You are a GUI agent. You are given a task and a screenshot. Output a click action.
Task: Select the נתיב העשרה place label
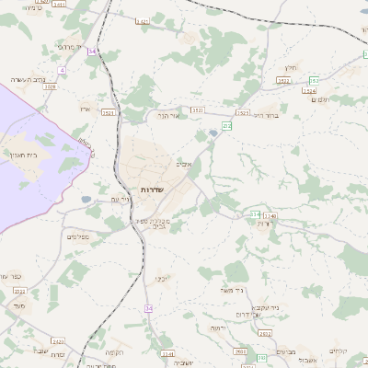click(x=28, y=80)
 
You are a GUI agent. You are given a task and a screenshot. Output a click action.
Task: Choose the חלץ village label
click(x=291, y=67)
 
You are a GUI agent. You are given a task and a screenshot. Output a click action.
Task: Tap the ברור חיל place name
click(x=265, y=115)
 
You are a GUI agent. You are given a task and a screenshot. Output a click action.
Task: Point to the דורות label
click(x=265, y=224)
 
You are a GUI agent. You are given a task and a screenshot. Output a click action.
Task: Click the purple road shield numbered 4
click(x=62, y=70)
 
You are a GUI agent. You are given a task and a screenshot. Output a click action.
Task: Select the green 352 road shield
click(x=314, y=81)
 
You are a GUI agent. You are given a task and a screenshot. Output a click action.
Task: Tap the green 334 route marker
click(x=255, y=215)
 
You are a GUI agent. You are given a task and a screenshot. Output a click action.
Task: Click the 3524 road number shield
click(x=308, y=92)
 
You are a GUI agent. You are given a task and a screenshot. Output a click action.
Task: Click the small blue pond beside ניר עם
click(x=86, y=199)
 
